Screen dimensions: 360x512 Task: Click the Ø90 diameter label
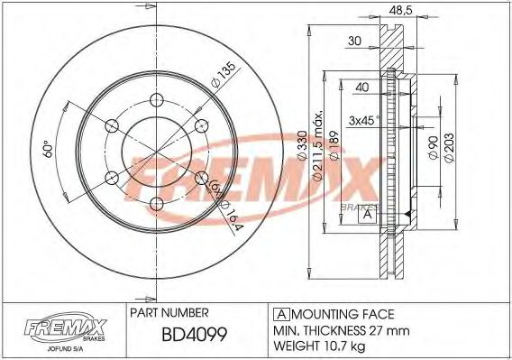[x=433, y=148]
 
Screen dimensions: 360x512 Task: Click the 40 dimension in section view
[x=361, y=88]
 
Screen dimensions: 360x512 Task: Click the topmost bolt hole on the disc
[x=157, y=100]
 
